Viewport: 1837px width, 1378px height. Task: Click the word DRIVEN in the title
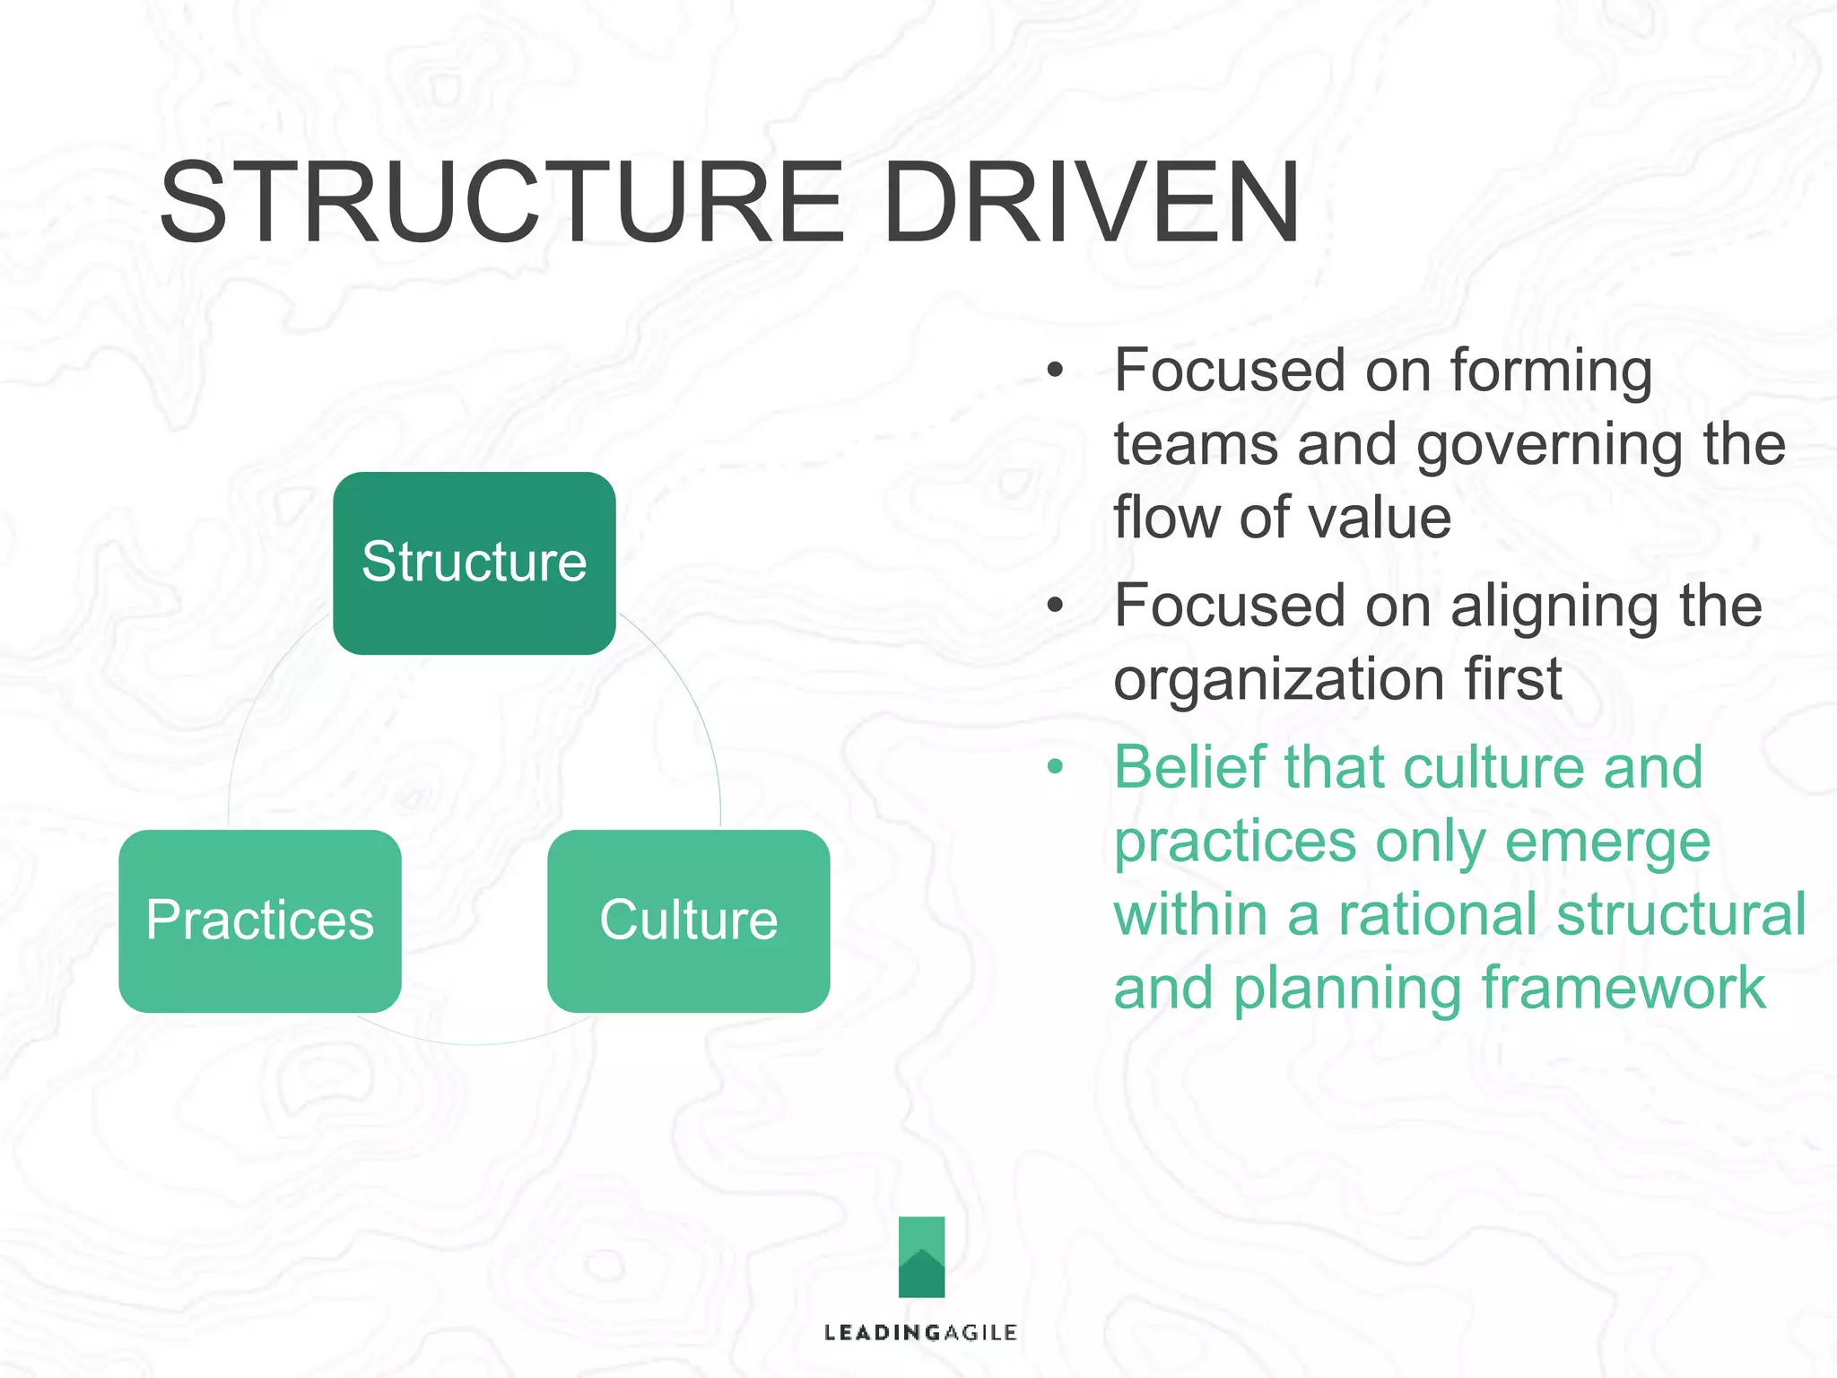click(1090, 203)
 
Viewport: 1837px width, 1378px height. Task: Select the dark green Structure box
click(474, 563)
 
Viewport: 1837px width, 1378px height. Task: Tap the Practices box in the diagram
click(259, 920)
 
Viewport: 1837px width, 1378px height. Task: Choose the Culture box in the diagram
click(688, 920)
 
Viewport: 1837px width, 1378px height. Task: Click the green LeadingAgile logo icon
click(921, 1256)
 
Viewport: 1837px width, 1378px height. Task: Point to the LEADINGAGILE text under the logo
click(920, 1332)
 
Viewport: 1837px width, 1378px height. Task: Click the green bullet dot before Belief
click(1055, 767)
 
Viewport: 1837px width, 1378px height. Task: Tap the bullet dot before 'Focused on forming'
click(1055, 370)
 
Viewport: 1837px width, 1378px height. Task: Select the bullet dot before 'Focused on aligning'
click(1055, 605)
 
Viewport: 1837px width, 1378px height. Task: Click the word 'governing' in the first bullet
click(1550, 446)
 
